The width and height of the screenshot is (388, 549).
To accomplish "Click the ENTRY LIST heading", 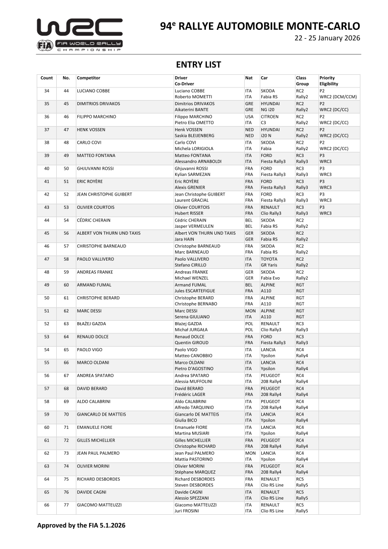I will (x=198, y=65).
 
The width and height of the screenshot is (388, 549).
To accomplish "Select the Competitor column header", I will (x=89, y=78).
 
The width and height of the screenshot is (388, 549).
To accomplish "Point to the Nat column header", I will (x=249, y=78).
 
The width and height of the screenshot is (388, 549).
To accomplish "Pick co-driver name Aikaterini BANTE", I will (x=194, y=110).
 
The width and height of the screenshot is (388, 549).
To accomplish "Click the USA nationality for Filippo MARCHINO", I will (x=249, y=117).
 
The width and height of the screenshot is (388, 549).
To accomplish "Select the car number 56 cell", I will (x=66, y=233).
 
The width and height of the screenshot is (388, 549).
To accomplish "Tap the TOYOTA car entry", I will (x=269, y=259).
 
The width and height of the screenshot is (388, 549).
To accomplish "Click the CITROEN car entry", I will (x=270, y=117).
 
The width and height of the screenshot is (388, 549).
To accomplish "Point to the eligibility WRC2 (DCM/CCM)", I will (x=338, y=97).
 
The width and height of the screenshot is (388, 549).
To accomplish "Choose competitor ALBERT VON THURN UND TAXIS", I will (x=109, y=233).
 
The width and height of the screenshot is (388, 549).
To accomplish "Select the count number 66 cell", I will (x=46, y=505).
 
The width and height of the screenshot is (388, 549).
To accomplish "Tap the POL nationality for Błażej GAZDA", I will (x=249, y=324).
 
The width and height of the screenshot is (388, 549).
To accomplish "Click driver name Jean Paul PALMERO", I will (x=193, y=453).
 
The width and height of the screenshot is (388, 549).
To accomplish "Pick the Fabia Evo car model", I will (x=271, y=278).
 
